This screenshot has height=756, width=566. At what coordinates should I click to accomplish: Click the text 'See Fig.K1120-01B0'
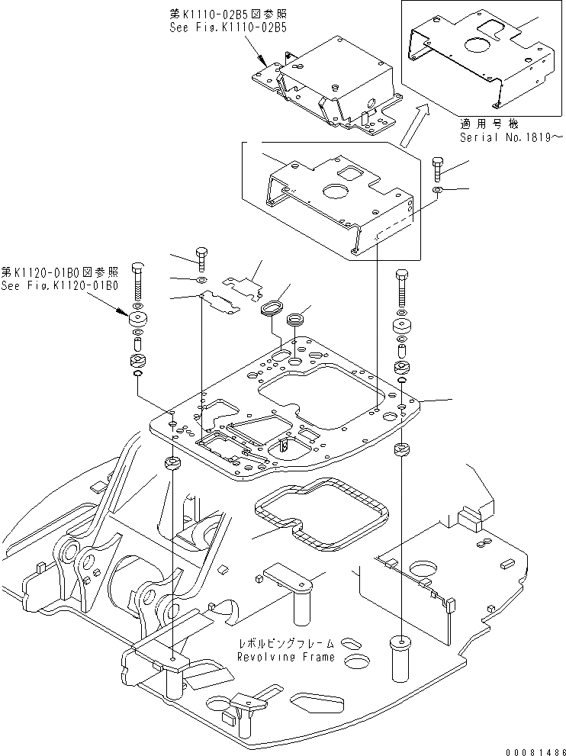(59, 285)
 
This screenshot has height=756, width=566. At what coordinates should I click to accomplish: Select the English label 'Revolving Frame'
(285, 657)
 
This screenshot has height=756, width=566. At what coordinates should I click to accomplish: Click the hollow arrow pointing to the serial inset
(412, 125)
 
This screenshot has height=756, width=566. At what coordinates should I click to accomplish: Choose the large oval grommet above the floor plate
(270, 309)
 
